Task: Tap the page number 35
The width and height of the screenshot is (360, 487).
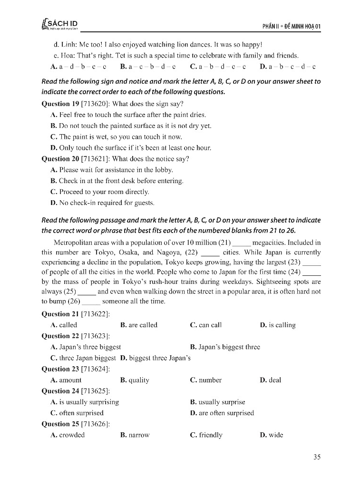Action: tap(317, 457)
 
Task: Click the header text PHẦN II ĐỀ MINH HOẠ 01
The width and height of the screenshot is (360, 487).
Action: tap(292, 26)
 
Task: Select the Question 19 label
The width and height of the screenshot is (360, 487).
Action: tap(60, 104)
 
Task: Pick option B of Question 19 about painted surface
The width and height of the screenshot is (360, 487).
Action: tap(131, 126)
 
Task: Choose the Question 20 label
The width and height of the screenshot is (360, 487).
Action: tap(60, 159)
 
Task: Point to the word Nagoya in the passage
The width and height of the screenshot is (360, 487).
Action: tap(170, 253)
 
